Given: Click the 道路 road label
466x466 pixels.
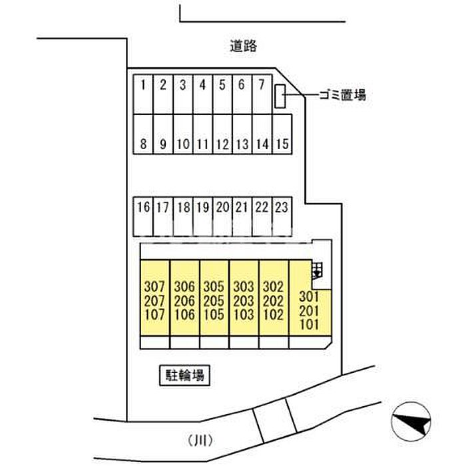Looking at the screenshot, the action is coord(243,46).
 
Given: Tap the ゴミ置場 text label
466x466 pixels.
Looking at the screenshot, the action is coord(342,95).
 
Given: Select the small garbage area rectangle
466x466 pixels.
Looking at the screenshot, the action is coord(280,97).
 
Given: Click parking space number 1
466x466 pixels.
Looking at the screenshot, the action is coord(143,95).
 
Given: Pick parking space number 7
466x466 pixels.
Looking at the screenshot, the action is coord(262,95).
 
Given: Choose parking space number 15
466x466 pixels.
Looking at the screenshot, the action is coord(282,134).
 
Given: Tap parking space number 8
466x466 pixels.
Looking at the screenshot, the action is coord(143,134).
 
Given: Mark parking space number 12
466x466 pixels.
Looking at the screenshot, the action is coord(222,134).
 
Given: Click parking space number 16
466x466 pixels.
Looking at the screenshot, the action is coord(143,216).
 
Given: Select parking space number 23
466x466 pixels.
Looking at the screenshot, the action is coord(282,216).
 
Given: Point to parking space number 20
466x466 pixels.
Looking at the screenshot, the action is coord(222,216).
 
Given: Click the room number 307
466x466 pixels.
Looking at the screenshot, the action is coord(154,287).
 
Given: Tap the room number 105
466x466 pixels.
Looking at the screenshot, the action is coord(214,315).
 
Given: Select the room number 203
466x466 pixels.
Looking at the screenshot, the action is coord(244,301).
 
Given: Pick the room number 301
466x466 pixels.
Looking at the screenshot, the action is coord(309,296).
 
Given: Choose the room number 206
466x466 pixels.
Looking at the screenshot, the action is coord(184,301).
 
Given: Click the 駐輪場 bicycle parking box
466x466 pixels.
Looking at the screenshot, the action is coord(185,375).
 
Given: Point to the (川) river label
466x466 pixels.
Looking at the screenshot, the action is coord(200,441).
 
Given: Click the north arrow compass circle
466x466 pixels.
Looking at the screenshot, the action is coord(411,421).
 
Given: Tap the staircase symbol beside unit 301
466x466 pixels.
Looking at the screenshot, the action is coord(317,270).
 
